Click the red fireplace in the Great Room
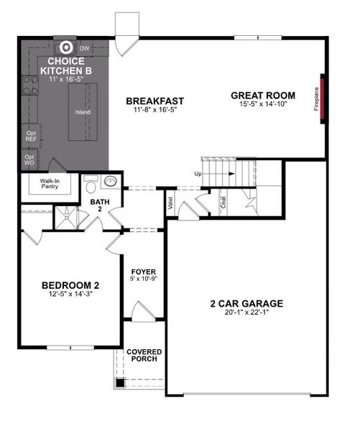point(323,98)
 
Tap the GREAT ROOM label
point(263,95)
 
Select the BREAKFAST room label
point(155,101)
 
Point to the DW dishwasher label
point(84,48)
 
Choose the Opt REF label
point(31,135)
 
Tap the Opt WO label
point(30,159)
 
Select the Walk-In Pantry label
point(50,185)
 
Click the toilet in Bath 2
point(91,185)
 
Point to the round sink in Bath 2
point(111,181)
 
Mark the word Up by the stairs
point(198,174)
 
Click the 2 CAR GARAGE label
point(246,303)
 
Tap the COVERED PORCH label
point(144,356)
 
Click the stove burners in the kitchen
point(29,86)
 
